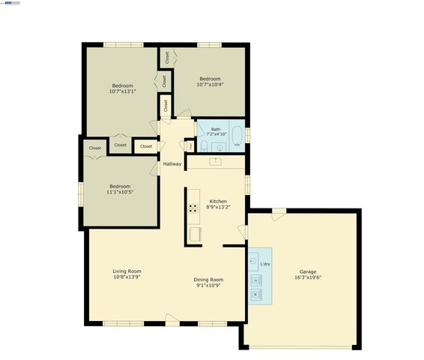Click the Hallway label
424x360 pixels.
tap(172, 164)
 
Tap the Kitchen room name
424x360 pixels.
tap(217, 201)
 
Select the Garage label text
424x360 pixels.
tap(308, 271)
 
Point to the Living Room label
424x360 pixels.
tap(127, 271)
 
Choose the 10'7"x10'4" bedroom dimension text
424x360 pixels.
tap(210, 85)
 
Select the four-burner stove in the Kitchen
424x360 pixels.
tap(193, 208)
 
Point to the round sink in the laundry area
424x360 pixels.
tap(255, 263)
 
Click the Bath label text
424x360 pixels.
tap(216, 129)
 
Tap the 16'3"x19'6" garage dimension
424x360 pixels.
tap(308, 277)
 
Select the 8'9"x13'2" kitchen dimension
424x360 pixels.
tap(218, 207)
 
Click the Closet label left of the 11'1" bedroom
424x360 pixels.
tap(95, 148)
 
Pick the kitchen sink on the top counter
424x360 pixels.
tap(216, 160)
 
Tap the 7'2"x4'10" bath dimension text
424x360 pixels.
tap(216, 135)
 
